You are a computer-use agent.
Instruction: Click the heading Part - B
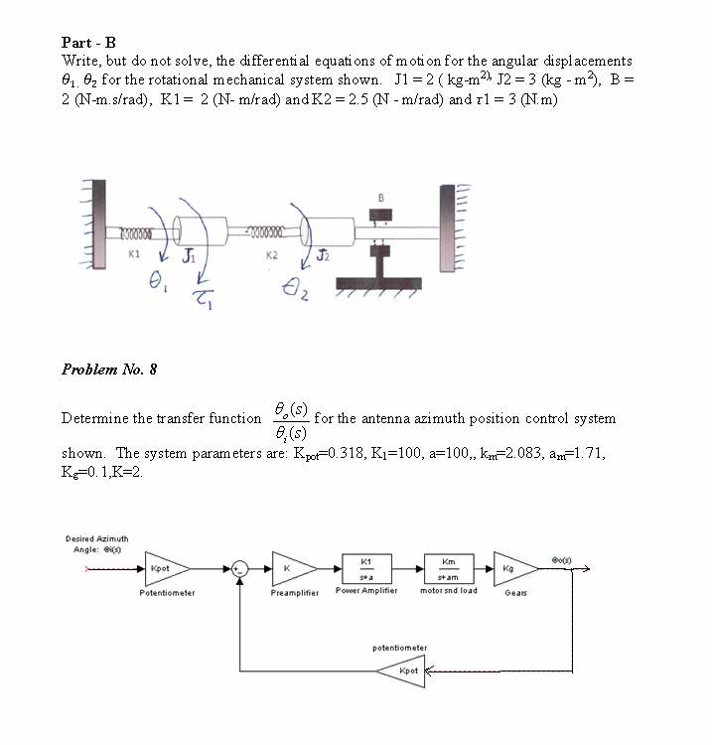coord(88,43)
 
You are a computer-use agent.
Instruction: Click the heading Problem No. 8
coord(109,370)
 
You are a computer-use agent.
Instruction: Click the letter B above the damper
coord(380,197)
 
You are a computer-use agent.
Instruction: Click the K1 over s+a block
coord(366,569)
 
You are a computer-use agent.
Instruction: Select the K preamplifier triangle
coord(290,569)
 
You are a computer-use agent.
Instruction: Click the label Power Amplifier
coord(366,590)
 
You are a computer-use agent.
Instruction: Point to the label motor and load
coord(450,590)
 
